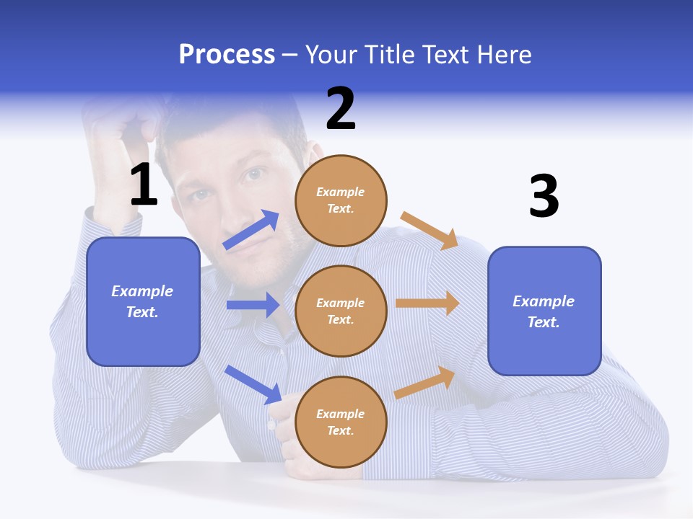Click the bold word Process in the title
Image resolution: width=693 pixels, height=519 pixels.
pyautogui.click(x=227, y=55)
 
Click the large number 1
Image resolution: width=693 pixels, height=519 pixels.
pyautogui.click(x=144, y=185)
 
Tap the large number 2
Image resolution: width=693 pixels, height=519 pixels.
pyautogui.click(x=341, y=109)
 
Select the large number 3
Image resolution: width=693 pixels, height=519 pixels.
pyautogui.click(x=544, y=196)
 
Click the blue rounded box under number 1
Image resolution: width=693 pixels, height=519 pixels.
pyautogui.click(x=143, y=301)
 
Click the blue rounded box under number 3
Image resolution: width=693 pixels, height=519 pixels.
pyautogui.click(x=544, y=311)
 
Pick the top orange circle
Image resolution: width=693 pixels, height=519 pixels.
pyautogui.click(x=341, y=200)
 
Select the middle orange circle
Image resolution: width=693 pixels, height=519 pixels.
pyautogui.click(x=341, y=311)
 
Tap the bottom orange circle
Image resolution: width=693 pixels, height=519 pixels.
pyautogui.click(x=341, y=422)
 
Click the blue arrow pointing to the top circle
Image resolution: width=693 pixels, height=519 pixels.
pyautogui.click(x=251, y=230)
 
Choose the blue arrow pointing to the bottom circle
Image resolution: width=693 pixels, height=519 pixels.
pyautogui.click(x=253, y=383)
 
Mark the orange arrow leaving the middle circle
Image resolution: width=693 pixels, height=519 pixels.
pyautogui.click(x=427, y=303)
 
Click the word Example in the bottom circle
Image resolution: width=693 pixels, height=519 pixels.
pyautogui.click(x=341, y=414)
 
